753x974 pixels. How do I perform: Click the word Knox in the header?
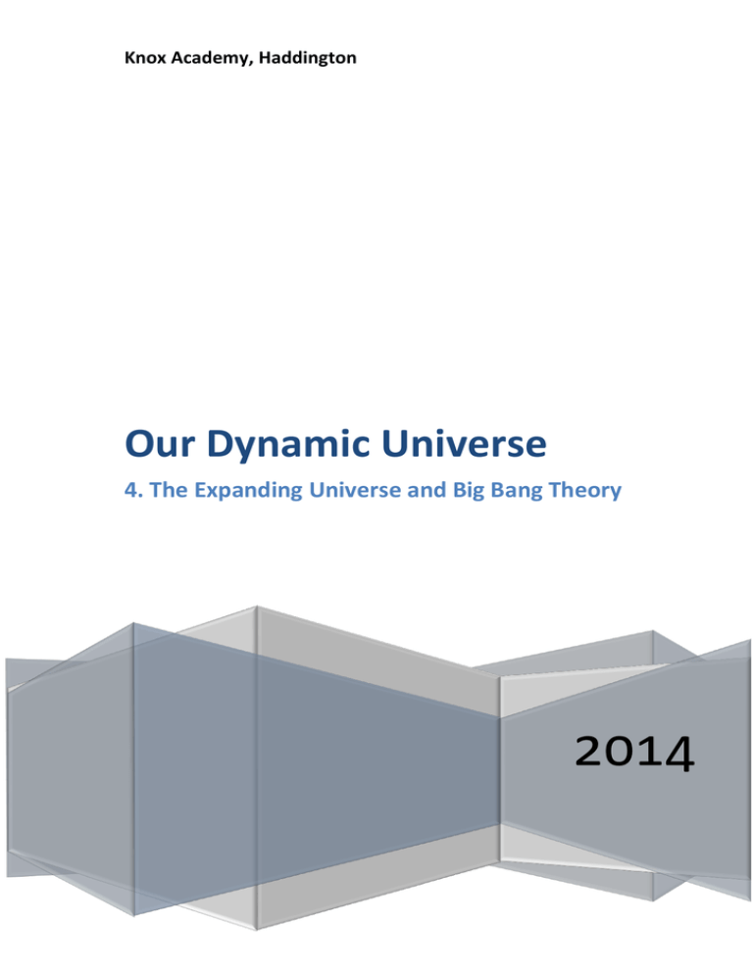145,58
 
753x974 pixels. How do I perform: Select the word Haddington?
308,58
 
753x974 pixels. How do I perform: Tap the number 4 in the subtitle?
131,490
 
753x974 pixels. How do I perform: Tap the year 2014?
634,752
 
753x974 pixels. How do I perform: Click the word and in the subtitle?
427,490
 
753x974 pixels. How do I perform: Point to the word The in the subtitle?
169,490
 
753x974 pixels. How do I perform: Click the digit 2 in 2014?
589,751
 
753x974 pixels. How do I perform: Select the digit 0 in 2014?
622,751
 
